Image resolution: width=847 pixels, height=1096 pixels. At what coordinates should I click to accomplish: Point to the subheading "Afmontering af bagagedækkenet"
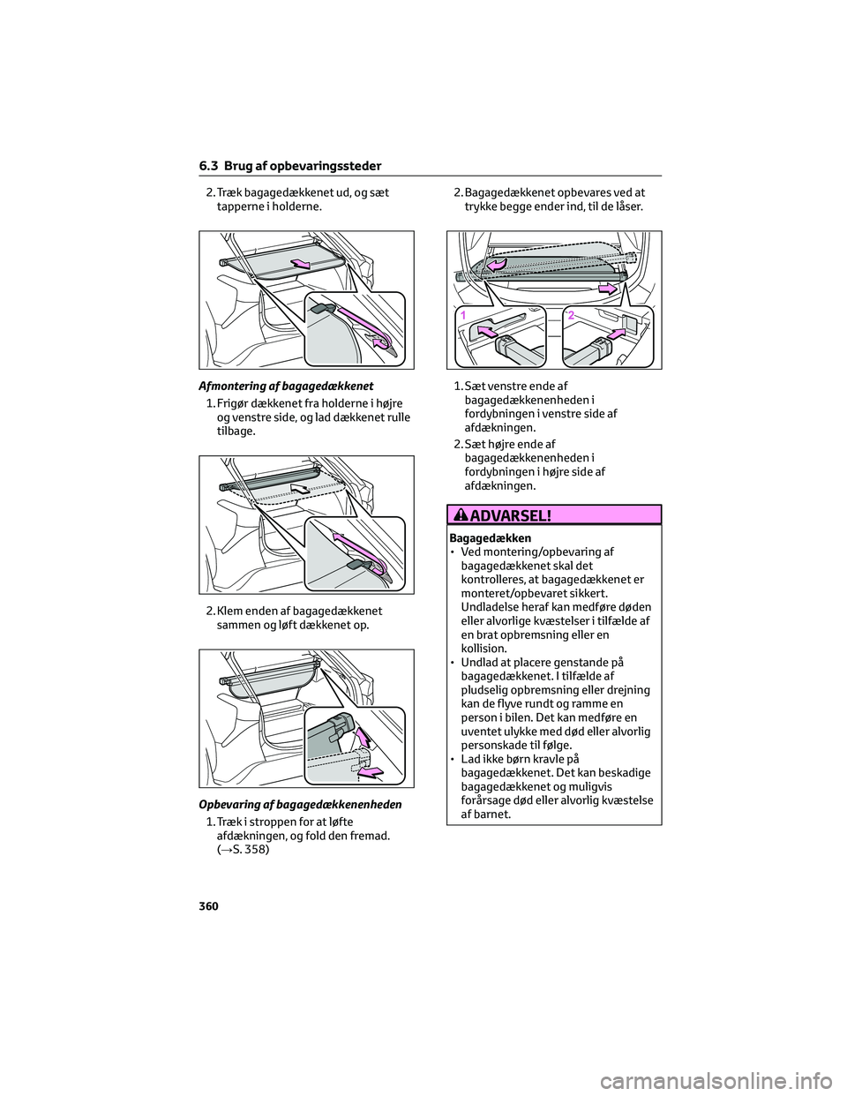[285, 386]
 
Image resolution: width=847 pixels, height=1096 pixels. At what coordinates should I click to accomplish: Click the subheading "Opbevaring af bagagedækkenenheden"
[300, 804]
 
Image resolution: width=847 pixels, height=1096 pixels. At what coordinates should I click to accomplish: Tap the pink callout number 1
[461, 315]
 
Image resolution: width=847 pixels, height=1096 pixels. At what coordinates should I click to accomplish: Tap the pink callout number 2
[572, 315]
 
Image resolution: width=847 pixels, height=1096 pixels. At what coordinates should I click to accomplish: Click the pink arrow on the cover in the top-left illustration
[300, 263]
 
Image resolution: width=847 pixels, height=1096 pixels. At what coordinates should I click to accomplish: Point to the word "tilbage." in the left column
[236, 432]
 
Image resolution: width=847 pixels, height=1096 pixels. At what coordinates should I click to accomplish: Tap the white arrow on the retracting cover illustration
[301, 485]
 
